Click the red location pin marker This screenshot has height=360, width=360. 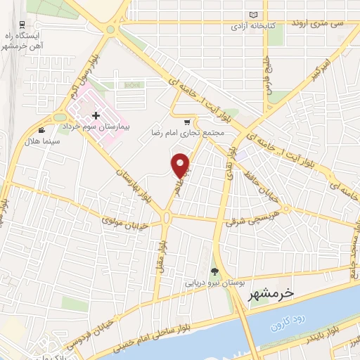[181, 165]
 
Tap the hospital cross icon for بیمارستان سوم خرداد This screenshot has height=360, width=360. [96, 114]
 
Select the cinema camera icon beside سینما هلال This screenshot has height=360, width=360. [43, 130]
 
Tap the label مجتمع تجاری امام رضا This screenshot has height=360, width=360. [188, 131]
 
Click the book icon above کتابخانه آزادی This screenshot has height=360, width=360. [255, 14]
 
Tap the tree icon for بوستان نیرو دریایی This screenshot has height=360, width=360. [215, 272]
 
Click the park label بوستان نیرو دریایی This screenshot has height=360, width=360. [214, 283]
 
